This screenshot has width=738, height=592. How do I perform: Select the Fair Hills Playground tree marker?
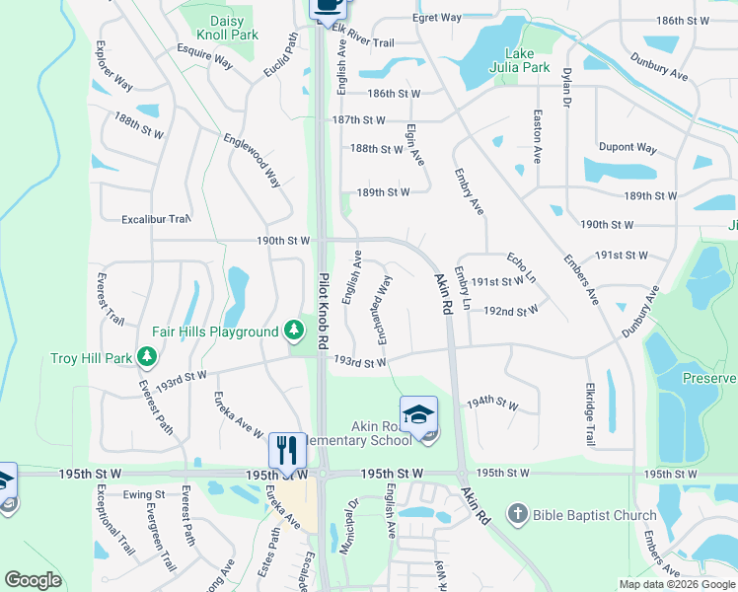[293, 331]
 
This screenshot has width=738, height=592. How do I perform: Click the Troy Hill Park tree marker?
[147, 355]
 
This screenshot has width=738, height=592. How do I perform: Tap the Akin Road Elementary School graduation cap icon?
[419, 414]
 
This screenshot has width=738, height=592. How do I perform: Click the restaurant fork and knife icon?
[287, 450]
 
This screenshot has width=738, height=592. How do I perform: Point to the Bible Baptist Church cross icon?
[518, 514]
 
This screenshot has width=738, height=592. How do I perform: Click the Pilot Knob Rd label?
[323, 311]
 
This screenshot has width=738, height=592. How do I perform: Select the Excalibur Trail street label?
[155, 219]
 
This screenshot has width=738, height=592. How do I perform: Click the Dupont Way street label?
[627, 147]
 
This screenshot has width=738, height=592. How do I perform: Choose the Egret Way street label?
[437, 18]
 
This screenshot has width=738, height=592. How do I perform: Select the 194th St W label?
[492, 403]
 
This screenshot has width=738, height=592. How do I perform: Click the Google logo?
[34, 580]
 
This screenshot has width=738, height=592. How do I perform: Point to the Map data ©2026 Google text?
[677, 584]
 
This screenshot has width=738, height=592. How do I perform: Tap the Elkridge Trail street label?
[589, 413]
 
